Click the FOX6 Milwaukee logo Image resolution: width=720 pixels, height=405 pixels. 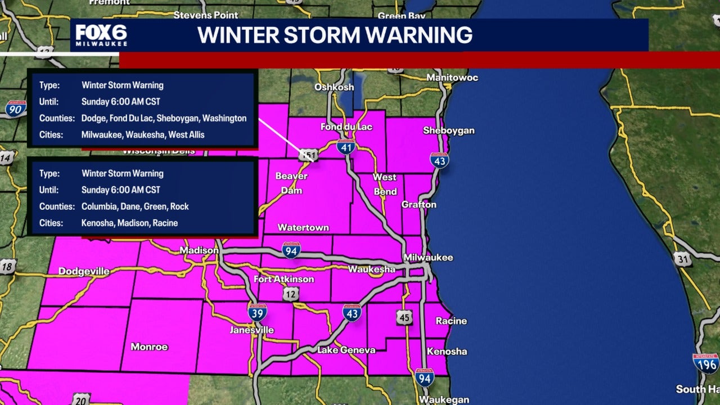point(101,35)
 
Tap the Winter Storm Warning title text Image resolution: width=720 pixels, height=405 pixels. point(335,35)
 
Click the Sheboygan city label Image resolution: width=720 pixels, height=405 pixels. point(448,130)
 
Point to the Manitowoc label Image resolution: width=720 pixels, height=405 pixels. point(452,77)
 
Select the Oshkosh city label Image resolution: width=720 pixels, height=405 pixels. point(334,87)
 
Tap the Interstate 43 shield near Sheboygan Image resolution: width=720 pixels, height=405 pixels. point(439,160)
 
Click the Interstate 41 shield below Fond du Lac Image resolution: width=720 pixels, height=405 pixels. point(346,147)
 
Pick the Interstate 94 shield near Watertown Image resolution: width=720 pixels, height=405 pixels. point(291,249)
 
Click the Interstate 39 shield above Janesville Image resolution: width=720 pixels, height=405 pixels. point(257,312)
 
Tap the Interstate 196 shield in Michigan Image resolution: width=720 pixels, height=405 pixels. point(705,363)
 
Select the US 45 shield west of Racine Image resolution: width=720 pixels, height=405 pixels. point(403,317)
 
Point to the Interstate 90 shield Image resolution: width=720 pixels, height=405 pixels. point(16,108)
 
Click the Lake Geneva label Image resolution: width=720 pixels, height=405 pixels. point(346,350)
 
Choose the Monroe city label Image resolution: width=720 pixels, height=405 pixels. point(149,346)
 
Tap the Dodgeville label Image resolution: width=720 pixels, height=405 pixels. point(84,272)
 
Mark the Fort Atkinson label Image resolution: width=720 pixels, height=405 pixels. point(283,280)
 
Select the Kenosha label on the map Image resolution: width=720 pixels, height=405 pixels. point(447,352)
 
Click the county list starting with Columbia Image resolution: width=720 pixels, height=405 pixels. point(135,206)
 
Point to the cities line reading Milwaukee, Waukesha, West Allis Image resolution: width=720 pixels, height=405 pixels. point(143,134)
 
